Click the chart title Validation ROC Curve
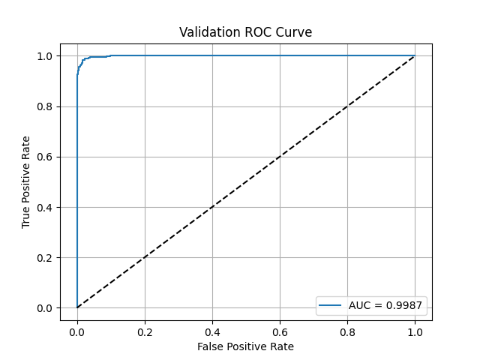point(245,32)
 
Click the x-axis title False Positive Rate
point(245,346)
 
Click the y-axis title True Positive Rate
point(26,182)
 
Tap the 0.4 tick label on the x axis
point(212,331)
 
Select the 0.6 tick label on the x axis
point(280,331)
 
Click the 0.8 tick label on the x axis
point(347,331)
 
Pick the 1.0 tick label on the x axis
point(415,331)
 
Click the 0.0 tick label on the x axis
point(77,331)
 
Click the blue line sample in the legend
point(331,306)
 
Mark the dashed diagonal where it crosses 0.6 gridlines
point(280,157)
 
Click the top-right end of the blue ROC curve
point(415,55)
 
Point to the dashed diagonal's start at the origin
point(77,307)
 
